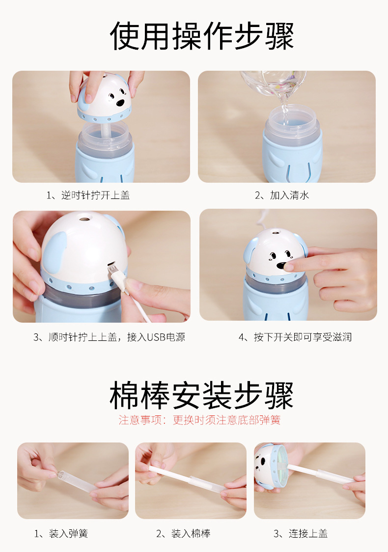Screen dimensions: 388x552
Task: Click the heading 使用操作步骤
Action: click(x=202, y=36)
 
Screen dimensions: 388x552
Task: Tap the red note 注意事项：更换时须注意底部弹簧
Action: click(x=199, y=420)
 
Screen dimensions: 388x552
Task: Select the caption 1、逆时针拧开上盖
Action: click(x=88, y=195)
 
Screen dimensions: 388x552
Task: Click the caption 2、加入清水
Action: click(x=282, y=195)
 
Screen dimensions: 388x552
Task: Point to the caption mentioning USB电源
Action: click(x=109, y=337)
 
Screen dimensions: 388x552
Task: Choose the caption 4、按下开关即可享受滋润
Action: click(x=295, y=337)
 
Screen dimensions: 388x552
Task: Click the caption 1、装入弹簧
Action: click(x=61, y=534)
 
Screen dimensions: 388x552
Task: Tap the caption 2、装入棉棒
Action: click(x=183, y=534)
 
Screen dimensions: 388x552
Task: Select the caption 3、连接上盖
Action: click(x=301, y=534)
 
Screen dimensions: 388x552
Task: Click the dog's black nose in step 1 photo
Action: click(x=120, y=103)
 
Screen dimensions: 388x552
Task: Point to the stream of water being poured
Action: click(x=284, y=109)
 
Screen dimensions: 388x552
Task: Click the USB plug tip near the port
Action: click(x=112, y=271)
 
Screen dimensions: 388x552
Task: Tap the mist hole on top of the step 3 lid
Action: click(x=84, y=220)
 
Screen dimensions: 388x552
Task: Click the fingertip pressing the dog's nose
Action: click(x=289, y=267)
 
